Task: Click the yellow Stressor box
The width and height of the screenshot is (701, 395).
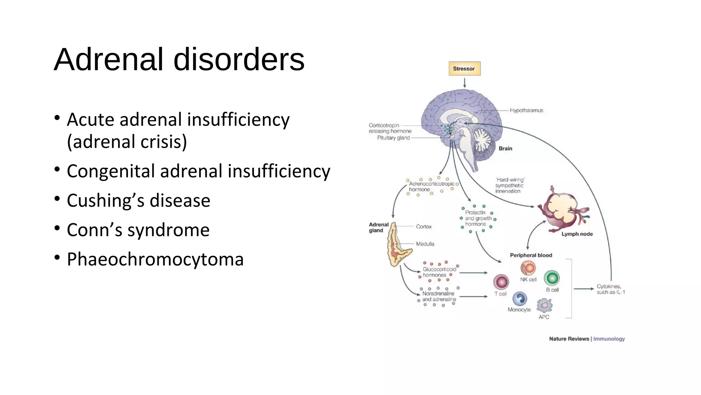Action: pyautogui.click(x=464, y=69)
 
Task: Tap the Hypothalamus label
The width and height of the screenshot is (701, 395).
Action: pyautogui.click(x=526, y=110)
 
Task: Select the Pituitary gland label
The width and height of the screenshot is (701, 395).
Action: pyautogui.click(x=393, y=138)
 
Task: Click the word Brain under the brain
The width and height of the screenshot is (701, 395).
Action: pyautogui.click(x=505, y=148)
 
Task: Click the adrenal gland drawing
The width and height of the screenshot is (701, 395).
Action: pyautogui.click(x=397, y=245)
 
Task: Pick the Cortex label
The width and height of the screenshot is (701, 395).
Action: pyautogui.click(x=424, y=227)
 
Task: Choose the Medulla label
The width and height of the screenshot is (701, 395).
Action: pyautogui.click(x=425, y=244)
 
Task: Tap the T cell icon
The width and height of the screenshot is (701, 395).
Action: pyautogui.click(x=501, y=282)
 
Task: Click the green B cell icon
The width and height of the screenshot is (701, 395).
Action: pyautogui.click(x=552, y=278)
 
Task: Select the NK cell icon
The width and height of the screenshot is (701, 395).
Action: pyautogui.click(x=528, y=268)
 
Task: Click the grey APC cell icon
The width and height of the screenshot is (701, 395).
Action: pyautogui.click(x=544, y=305)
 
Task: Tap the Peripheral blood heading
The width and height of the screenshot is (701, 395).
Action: pyautogui.click(x=531, y=255)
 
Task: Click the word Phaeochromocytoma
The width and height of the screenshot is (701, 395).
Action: pyautogui.click(x=155, y=259)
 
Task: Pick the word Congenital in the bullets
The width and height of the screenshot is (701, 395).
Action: pyautogui.click(x=111, y=171)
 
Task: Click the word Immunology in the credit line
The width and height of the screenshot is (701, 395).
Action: pyautogui.click(x=609, y=339)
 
